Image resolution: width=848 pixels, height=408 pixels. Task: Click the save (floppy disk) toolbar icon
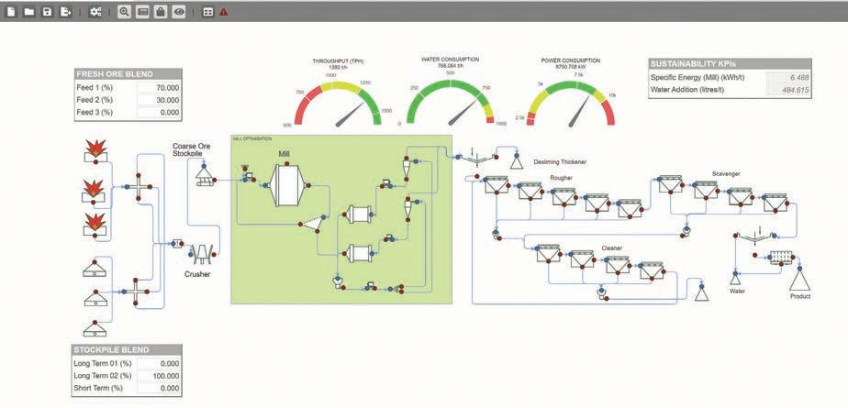[47, 12]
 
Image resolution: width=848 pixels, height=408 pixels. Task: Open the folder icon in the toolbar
[29, 12]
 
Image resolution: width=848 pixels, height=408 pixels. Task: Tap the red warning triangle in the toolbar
[224, 12]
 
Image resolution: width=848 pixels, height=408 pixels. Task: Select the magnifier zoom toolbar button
[125, 12]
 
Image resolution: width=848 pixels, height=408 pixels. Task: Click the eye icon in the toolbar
[179, 12]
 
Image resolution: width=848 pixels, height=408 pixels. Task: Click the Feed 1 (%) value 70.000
[159, 87]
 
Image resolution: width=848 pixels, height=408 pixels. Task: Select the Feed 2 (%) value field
[159, 100]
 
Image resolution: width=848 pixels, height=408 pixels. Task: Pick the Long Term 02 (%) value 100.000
[159, 376]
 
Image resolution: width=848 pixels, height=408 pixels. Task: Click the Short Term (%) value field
[159, 389]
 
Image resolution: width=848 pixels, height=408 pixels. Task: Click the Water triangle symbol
[736, 277]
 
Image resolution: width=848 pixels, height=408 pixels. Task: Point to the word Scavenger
[725, 173]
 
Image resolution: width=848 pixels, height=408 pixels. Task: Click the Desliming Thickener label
[560, 162]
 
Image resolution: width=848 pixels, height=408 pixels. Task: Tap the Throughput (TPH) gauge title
[337, 61]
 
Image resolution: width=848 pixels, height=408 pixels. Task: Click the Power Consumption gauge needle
[579, 111]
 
